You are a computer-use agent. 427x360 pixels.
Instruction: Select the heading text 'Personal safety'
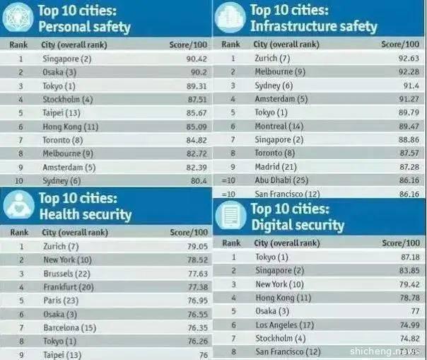(x=84, y=28)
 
